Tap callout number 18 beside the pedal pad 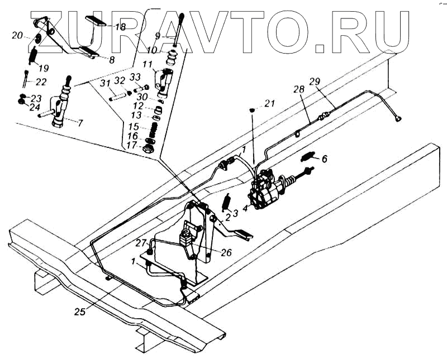(121, 26)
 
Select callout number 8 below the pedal (112, 59)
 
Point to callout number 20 (17, 35)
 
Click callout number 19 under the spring (43, 68)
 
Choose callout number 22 (41, 81)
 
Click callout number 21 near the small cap (270, 103)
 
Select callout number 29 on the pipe (315, 82)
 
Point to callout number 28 (299, 89)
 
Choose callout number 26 (226, 252)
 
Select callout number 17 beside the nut (132, 145)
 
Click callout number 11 (146, 64)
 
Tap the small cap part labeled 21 (253, 109)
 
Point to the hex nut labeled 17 (150, 149)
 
